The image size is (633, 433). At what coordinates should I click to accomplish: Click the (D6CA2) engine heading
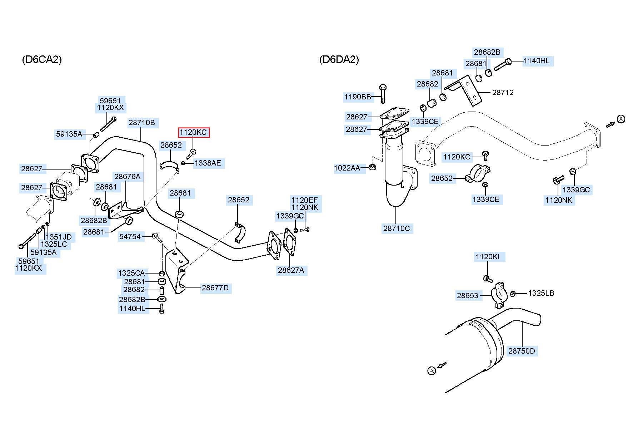[x=42, y=59]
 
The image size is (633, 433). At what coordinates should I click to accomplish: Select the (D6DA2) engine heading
[x=339, y=59]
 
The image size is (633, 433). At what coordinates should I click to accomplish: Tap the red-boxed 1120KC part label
[x=193, y=132]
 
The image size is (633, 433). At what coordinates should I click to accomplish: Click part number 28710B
[x=142, y=123]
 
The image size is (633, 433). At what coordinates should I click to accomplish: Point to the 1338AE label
[x=208, y=163]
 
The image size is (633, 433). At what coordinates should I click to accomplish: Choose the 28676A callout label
[x=127, y=176]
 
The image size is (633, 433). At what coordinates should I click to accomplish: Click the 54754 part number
[x=130, y=236]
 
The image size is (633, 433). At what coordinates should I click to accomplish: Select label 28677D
[x=215, y=288]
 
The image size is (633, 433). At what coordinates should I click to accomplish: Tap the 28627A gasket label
[x=291, y=270]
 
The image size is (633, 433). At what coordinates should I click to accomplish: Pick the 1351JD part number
[x=59, y=237]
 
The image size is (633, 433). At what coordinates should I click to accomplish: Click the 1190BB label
[x=358, y=97]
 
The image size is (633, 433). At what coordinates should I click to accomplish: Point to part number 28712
[x=503, y=92]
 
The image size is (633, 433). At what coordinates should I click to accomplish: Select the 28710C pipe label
[x=397, y=228]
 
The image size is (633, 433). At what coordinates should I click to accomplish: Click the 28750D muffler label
[x=522, y=351]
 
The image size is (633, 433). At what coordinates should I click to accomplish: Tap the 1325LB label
[x=541, y=293]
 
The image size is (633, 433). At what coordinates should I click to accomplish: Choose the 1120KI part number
[x=488, y=257]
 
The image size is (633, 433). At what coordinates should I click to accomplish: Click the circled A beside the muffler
[x=432, y=371]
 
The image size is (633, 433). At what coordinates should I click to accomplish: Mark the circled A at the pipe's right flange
[x=621, y=119]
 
